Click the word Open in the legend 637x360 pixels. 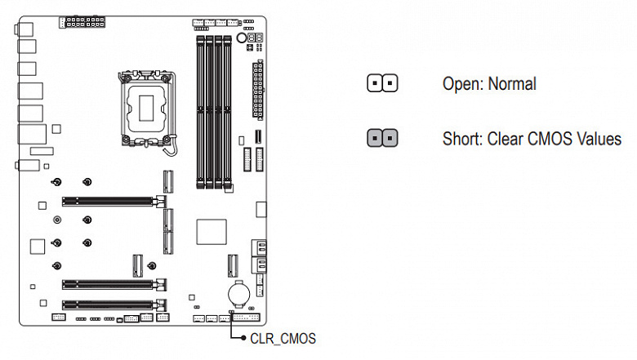[460, 84]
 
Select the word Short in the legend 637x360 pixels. [461, 138]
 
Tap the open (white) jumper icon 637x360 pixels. [382, 84]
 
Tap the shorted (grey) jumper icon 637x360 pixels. [382, 138]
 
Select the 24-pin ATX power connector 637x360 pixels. [258, 89]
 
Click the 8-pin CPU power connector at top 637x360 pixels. [85, 20]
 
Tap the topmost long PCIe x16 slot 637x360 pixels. [111, 198]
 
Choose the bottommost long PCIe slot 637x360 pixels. [111, 304]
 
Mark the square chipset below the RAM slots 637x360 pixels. [210, 232]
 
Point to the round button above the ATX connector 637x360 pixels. [242, 38]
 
